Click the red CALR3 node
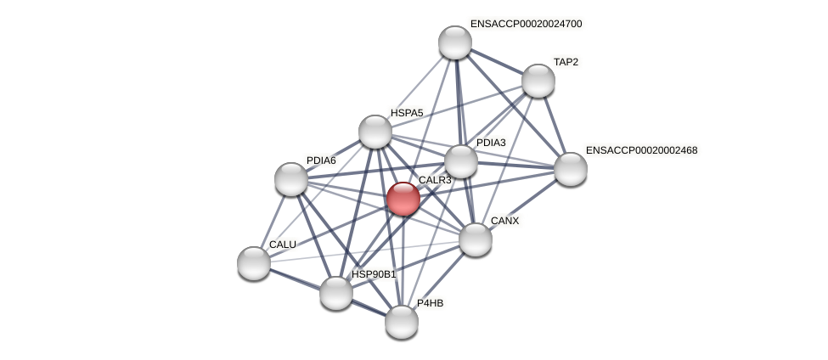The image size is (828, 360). pos(403,199)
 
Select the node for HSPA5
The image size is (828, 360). pos(375,132)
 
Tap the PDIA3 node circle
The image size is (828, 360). pos(461,161)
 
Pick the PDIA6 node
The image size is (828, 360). pos(291,179)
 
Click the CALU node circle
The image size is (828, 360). pos(254,262)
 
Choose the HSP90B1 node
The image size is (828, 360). pos(336,293)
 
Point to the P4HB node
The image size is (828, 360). pos(402,322)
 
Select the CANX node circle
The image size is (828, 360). pos(476,239)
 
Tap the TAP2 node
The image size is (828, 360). pos(538,81)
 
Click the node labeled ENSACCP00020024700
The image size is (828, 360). pos(455,42)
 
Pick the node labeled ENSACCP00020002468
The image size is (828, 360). pos(571,168)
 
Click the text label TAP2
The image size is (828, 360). pos(566,62)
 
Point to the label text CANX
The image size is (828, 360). pos(504,221)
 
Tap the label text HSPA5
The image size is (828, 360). pos(407,113)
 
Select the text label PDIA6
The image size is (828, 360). pos(321,160)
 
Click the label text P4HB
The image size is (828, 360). pos(430,303)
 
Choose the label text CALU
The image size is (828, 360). pos(282,245)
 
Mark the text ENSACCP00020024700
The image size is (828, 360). pos(526,24)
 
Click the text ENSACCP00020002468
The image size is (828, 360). pos(641,150)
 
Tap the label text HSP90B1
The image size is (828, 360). pos(374,274)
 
